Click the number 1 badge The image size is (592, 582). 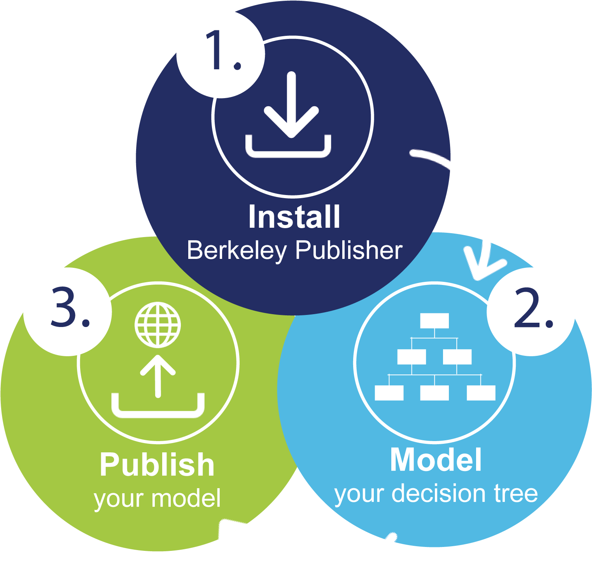click(221, 53)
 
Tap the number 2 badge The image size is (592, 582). click(531, 311)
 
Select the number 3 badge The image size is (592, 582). click(68, 311)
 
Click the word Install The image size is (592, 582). click(294, 217)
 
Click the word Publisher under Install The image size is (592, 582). click(349, 250)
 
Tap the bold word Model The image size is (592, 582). click(436, 460)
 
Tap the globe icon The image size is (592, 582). click(158, 325)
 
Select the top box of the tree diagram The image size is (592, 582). click(434, 321)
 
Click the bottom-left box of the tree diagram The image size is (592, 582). click(389, 393)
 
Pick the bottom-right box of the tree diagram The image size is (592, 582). click(481, 393)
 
